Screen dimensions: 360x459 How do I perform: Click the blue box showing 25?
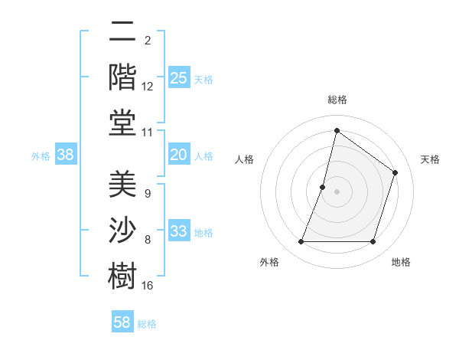click(179, 77)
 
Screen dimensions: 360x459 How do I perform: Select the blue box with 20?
click(179, 155)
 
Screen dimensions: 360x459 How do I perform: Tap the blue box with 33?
click(179, 231)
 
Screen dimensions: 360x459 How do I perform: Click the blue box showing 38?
click(66, 155)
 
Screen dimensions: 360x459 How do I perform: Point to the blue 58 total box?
click(122, 322)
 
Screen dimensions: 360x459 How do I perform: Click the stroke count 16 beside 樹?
click(148, 286)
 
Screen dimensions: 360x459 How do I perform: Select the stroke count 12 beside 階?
click(148, 87)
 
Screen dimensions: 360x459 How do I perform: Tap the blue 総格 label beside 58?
click(147, 324)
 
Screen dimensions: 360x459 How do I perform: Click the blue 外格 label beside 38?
click(41, 156)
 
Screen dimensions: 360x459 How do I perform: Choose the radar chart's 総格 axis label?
click(337, 100)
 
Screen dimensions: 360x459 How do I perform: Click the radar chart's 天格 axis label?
click(430, 159)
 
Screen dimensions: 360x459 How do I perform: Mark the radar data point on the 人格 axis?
click(323, 187)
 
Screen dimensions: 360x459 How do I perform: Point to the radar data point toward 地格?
click(373, 241)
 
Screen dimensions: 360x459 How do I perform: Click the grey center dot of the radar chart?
click(337, 191)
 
